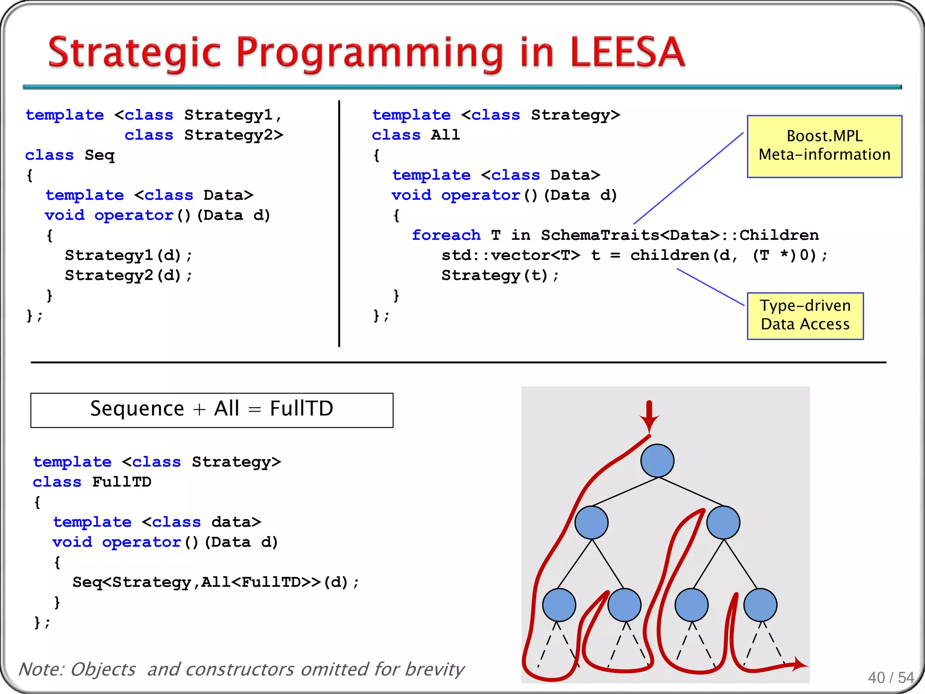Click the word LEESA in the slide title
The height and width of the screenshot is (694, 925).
628,52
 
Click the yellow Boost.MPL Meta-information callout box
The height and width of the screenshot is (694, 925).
824,146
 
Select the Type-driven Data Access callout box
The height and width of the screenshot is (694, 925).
805,315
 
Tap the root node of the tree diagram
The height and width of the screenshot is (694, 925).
657,460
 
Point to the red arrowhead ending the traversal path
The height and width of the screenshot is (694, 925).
799,664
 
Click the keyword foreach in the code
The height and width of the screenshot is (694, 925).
446,235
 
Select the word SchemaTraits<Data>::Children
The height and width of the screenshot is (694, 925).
679,235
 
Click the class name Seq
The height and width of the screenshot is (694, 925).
99,155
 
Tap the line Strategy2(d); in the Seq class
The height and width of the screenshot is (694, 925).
128,275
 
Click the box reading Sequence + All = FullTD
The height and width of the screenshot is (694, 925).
211,409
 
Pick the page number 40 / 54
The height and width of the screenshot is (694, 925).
891,677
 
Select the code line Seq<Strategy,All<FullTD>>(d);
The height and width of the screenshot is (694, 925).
215,582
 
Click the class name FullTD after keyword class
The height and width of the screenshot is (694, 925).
121,482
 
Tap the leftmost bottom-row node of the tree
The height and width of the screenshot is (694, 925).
559,605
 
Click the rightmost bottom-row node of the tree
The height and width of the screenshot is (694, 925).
760,605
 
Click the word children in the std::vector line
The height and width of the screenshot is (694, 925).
669,255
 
